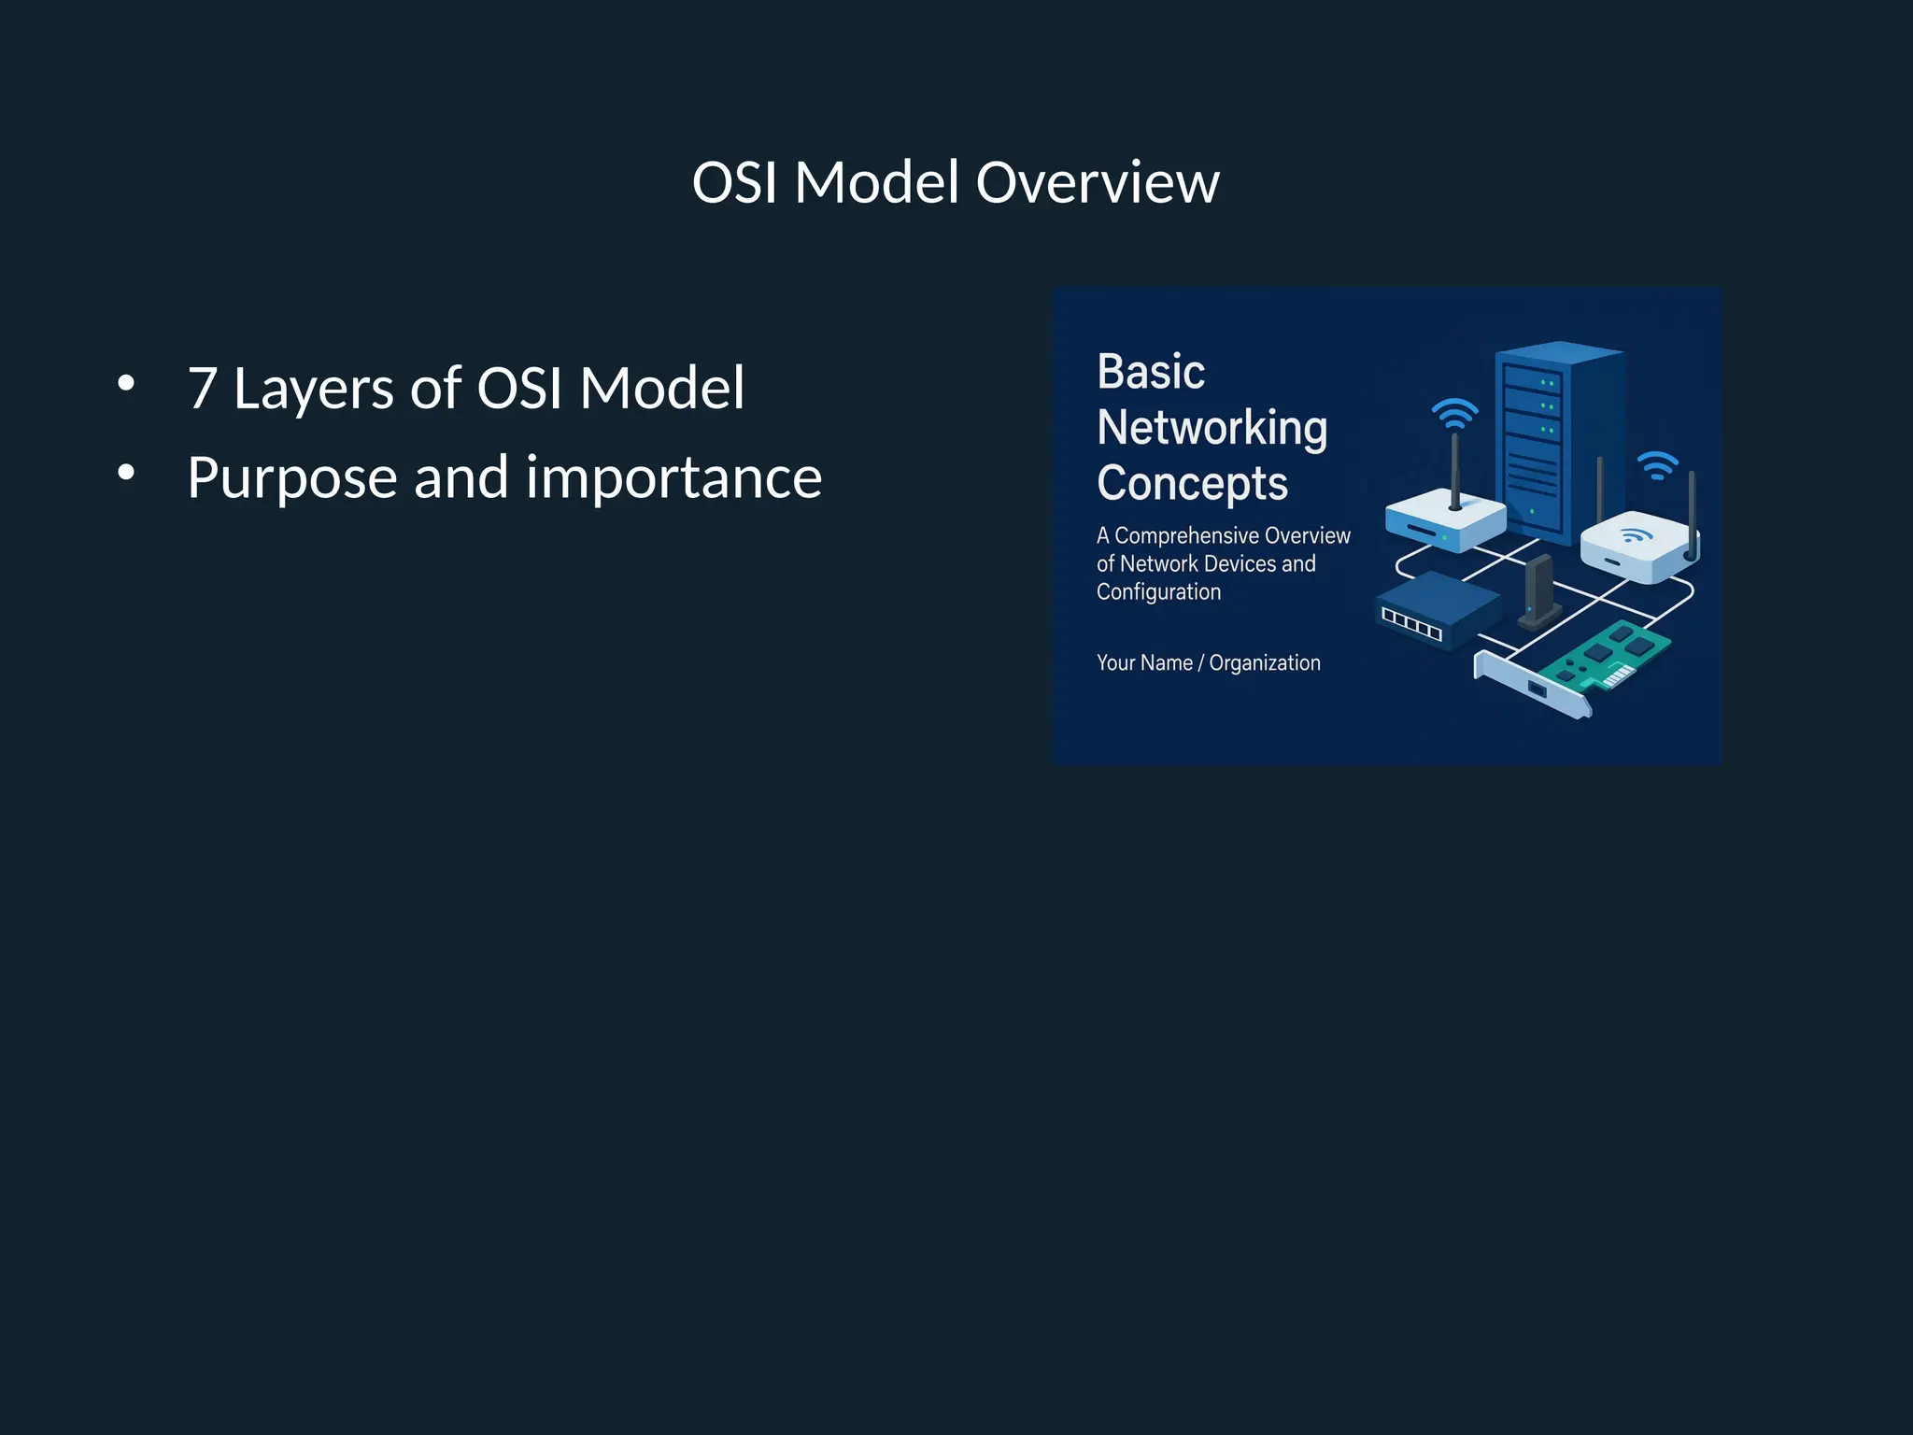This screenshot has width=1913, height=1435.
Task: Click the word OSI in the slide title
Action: coord(734,182)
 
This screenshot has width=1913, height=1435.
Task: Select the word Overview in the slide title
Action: coord(1098,182)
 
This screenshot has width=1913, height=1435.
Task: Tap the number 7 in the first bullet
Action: coord(203,388)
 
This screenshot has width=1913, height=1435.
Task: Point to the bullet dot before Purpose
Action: coord(126,473)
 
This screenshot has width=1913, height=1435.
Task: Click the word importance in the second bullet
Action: coord(673,478)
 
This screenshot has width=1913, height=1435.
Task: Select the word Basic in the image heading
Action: coord(1151,372)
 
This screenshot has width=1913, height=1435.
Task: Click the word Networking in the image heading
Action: coord(1212,428)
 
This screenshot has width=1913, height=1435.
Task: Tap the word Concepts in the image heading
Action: coord(1192,483)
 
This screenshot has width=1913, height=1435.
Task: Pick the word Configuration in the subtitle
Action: coord(1158,591)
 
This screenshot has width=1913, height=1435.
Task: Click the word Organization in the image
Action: coord(1265,662)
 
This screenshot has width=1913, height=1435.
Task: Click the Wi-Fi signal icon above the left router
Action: coord(1455,412)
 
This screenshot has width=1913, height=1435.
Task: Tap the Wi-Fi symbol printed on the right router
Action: coord(1636,535)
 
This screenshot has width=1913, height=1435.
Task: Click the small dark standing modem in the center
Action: coord(1537,590)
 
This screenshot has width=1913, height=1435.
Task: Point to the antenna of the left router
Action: coord(1455,467)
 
